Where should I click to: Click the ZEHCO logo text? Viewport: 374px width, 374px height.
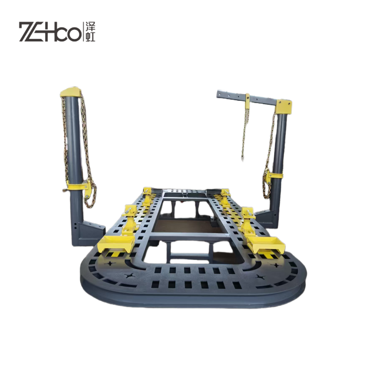(49, 32)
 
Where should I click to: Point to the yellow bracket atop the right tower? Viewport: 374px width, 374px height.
(284, 107)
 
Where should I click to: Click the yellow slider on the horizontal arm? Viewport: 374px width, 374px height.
(248, 100)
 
